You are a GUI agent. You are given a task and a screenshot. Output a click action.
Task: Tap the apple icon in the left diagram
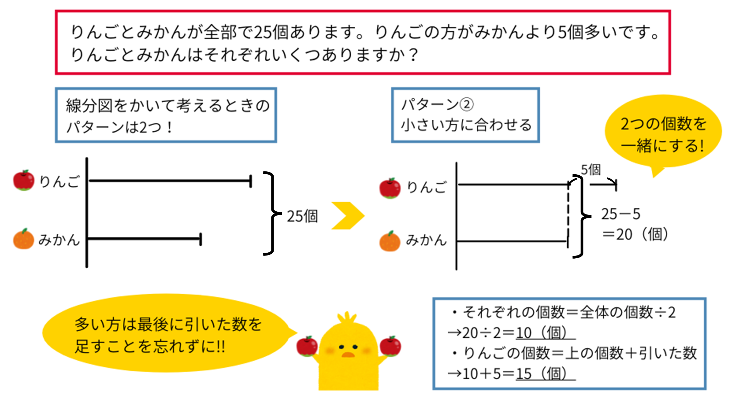click(24, 180)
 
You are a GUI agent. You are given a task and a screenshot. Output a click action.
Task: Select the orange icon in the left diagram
click(24, 239)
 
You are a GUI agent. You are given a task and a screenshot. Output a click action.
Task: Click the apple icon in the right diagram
click(390, 188)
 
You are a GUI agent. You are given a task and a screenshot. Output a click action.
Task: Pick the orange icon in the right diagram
click(390, 241)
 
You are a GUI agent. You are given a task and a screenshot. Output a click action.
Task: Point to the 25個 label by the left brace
click(302, 216)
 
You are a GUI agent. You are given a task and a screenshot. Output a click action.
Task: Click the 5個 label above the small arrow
click(591, 170)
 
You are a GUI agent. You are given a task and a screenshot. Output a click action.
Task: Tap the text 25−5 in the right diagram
click(621, 214)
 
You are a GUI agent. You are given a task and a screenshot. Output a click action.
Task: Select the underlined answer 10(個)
click(545, 333)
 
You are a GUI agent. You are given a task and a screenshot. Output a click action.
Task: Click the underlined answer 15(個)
click(545, 374)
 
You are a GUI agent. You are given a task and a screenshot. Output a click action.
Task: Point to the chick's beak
click(348, 355)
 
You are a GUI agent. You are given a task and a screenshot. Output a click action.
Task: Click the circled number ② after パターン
click(466, 104)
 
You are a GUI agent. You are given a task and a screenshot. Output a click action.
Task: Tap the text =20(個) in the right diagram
click(635, 234)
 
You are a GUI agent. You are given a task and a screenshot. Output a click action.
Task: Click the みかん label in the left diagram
click(59, 240)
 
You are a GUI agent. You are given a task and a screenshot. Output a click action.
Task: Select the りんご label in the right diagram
click(427, 187)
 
